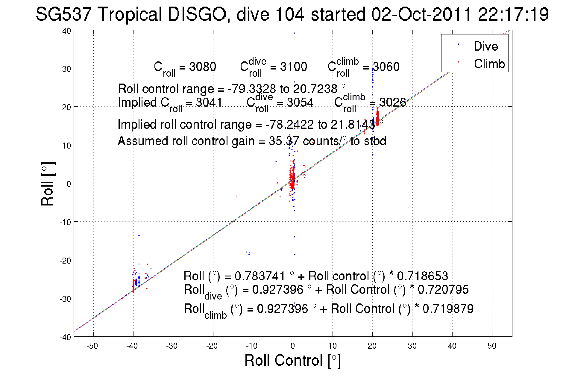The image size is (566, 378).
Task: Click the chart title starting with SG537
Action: pyautogui.click(x=292, y=14)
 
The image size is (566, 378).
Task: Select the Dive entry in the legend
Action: pyautogui.click(x=485, y=46)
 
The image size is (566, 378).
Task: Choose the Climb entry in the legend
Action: pyautogui.click(x=489, y=64)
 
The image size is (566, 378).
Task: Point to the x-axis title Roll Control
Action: pyautogui.click(x=292, y=360)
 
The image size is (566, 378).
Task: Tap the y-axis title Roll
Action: pyautogui.click(x=48, y=184)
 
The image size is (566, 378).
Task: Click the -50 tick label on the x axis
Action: pyautogui.click(x=92, y=346)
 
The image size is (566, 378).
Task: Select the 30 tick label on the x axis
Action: pyautogui.click(x=412, y=346)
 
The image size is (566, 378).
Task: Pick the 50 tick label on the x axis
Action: pyautogui.click(x=492, y=346)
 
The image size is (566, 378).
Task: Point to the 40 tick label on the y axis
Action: pyautogui.click(x=66, y=31)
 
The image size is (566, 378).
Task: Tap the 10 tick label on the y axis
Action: pyautogui.click(x=66, y=146)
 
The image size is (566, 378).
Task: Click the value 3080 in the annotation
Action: pyautogui.click(x=203, y=67)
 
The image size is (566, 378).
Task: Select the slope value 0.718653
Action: pyautogui.click(x=422, y=276)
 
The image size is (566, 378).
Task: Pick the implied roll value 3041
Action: pyautogui.click(x=209, y=102)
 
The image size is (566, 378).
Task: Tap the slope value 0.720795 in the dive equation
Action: pyautogui.click(x=443, y=290)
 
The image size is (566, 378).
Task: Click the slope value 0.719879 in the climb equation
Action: pyautogui.click(x=448, y=309)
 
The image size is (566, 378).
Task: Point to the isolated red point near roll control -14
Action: pyautogui.click(x=237, y=197)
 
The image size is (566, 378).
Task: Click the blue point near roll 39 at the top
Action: pyautogui.click(x=295, y=33)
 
